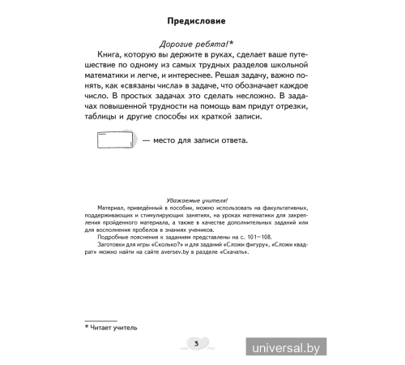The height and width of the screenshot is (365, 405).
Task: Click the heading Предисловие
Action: point(202,18)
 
